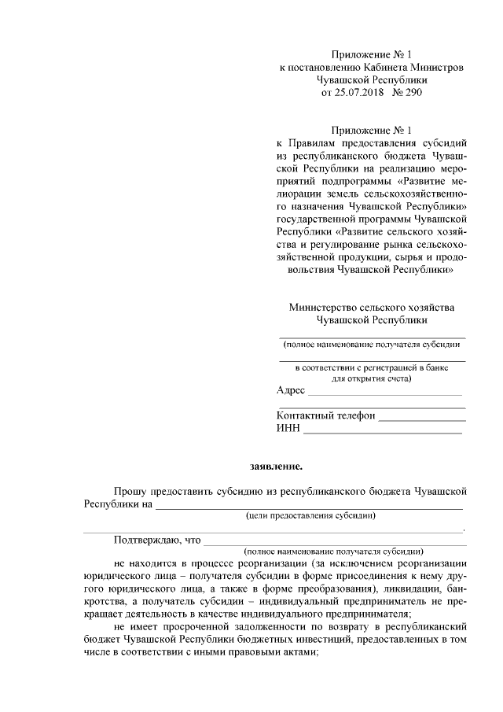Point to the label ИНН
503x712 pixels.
tap(288, 428)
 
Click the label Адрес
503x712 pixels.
tap(291, 390)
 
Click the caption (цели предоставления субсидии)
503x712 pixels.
tap(310, 516)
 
